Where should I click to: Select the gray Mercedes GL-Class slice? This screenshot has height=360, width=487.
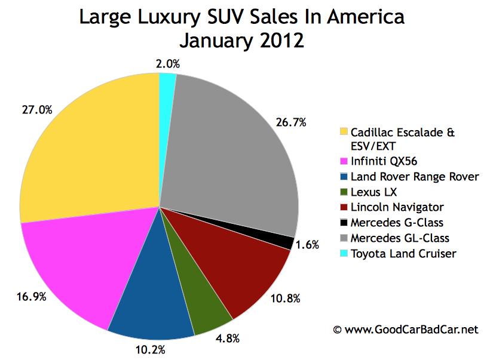tap(233, 149)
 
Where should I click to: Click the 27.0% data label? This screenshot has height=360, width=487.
tap(39, 110)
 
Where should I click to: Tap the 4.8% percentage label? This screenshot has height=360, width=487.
tap(227, 339)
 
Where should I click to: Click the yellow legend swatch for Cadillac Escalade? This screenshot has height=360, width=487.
tap(342, 132)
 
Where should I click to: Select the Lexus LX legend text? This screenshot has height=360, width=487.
tap(372, 192)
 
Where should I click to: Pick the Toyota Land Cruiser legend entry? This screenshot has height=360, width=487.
tap(403, 254)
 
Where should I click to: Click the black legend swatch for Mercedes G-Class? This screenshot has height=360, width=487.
tap(342, 223)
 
